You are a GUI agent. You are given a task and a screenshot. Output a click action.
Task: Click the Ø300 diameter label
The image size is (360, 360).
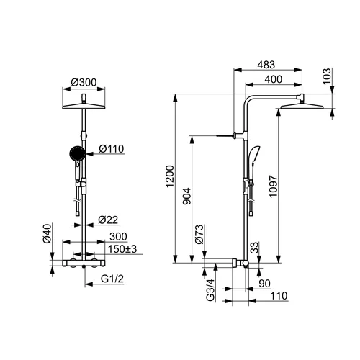pyautogui.click(x=84, y=83)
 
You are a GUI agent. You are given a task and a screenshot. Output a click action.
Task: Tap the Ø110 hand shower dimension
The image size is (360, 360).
pyautogui.click(x=112, y=149)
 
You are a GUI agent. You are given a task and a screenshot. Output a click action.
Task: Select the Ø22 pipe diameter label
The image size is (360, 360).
pyautogui.click(x=108, y=220)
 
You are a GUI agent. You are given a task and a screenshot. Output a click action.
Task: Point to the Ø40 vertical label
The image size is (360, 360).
pyautogui.click(x=48, y=233)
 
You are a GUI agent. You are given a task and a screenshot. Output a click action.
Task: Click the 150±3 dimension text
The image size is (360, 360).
pyautogui.click(x=122, y=249)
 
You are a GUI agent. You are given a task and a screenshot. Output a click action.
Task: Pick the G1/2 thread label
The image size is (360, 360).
pyautogui.click(x=112, y=279)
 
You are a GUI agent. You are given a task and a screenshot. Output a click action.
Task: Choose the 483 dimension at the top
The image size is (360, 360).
pyautogui.click(x=266, y=65)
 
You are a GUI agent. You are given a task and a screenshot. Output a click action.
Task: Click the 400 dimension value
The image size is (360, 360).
pyautogui.click(x=274, y=79)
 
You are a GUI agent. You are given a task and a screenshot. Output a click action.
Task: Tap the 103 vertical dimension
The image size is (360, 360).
pyautogui.click(x=327, y=76)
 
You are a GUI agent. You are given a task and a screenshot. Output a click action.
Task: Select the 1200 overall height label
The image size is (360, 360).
pyautogui.click(x=170, y=176)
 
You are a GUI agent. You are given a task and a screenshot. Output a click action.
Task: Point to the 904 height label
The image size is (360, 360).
pyautogui.click(x=187, y=197)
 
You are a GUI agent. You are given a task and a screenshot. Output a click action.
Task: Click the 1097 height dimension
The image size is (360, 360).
pyautogui.click(x=273, y=186)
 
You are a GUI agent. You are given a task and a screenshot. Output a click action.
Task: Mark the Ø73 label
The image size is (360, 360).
pyautogui.click(x=199, y=235)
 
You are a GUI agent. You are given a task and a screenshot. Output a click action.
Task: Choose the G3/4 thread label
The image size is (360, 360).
pyautogui.click(x=210, y=290)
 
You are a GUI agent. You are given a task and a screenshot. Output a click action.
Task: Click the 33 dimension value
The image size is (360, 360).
pyautogui.click(x=255, y=248)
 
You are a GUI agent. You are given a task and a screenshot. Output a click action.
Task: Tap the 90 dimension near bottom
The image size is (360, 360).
pyautogui.click(x=265, y=284)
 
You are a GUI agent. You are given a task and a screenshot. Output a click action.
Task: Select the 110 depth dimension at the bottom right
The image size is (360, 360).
pyautogui.click(x=279, y=296)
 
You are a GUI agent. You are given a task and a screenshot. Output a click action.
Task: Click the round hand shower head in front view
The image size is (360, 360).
pyautogui.click(x=77, y=153)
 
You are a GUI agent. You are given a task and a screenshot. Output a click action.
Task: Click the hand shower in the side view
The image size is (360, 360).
pyautogui.click(x=253, y=163)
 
